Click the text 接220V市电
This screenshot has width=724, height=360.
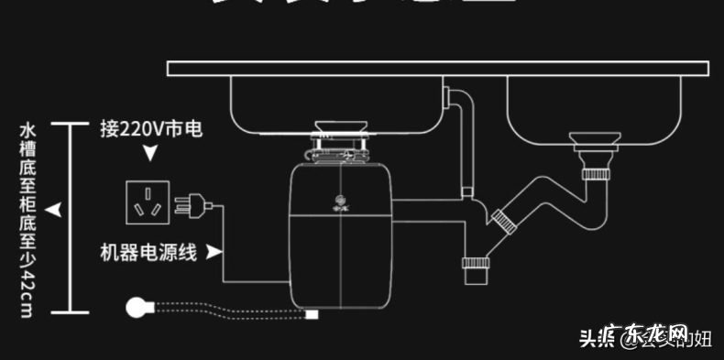click(150, 129)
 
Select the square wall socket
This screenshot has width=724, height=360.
click(148, 202)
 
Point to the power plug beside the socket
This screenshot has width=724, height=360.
click(193, 202)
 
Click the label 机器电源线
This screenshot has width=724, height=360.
click(148, 251)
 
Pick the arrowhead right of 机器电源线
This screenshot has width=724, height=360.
click(214, 251)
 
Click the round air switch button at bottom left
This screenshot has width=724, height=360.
click(139, 309)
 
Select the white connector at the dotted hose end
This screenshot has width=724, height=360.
click(312, 315)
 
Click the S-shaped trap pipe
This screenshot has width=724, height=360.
click(550, 196)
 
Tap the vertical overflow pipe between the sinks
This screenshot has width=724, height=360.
click(463, 147)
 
